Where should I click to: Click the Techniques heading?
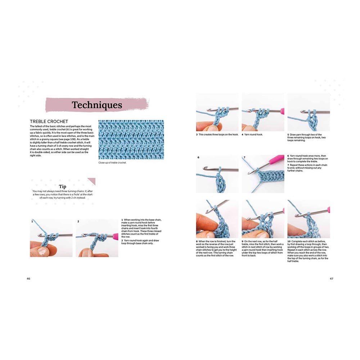pos(97,105)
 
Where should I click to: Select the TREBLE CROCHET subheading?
pos(49,122)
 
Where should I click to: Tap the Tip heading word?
pos(63,186)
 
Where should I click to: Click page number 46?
pos(29,278)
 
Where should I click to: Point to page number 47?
pos(331,278)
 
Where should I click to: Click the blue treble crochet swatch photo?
pos(131,140)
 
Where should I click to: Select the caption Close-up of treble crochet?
pos(112,163)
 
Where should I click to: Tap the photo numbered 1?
pos(51,238)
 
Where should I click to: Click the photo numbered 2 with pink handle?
pos(97,238)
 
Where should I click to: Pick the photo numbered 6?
pos(217,174)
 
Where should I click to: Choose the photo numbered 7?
pos(263,174)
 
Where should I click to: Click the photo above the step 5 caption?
pos(309,112)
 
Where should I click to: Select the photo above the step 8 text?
pos(217,219)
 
